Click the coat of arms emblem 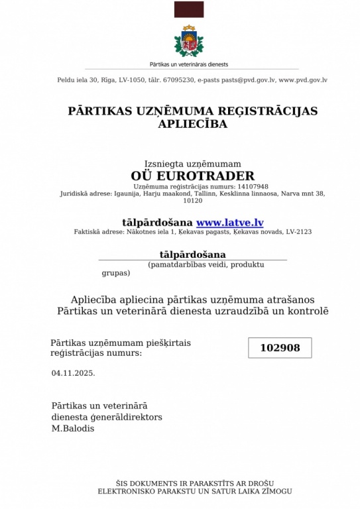click(189, 42)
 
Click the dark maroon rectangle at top click(189, 9)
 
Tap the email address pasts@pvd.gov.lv click(240, 80)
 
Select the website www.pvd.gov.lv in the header click(303, 80)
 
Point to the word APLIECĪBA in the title click(193, 124)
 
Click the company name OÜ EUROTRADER click(192, 176)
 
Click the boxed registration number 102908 click(280, 348)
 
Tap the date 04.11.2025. click(73, 372)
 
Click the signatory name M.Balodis click(73, 428)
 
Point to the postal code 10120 click(192, 200)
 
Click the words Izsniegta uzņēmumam click(192, 164)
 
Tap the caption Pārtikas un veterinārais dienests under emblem click(189, 64)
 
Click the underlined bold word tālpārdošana click(192, 254)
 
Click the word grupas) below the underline click(115, 272)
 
